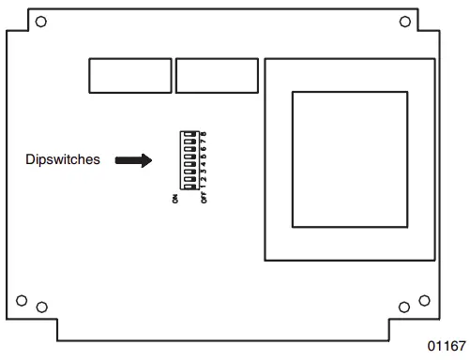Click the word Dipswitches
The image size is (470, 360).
coord(62,160)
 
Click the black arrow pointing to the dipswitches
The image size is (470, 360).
coord(132,160)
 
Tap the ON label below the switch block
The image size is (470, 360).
coord(174,200)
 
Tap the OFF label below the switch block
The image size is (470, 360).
coord(204,200)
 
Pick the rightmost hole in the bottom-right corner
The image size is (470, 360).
coord(423,300)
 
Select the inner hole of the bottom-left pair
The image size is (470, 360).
coord(40,307)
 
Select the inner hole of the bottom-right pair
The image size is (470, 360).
coord(404,307)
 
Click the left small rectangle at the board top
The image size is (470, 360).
coord(130,75)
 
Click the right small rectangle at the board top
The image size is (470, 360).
coord(218,75)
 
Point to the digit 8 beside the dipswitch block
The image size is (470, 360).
coord(204,135)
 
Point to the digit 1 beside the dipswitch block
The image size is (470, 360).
coord(204,187)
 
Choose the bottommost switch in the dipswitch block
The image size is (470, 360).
coord(190,187)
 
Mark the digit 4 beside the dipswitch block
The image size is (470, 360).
coord(204,165)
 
